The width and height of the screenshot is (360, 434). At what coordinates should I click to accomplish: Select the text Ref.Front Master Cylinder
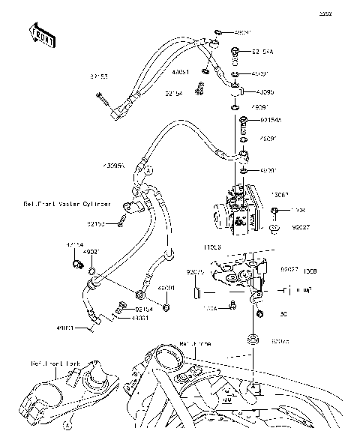[x=67, y=203]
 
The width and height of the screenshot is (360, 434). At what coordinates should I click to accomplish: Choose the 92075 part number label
[x=196, y=271]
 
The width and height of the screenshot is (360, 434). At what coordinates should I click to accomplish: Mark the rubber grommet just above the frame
[x=254, y=342]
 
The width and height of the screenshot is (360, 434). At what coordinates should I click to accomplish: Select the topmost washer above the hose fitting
[x=217, y=33]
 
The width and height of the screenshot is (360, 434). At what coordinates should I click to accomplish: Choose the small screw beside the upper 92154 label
[x=199, y=91]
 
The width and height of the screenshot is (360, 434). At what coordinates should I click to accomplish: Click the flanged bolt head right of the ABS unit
[x=276, y=211]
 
